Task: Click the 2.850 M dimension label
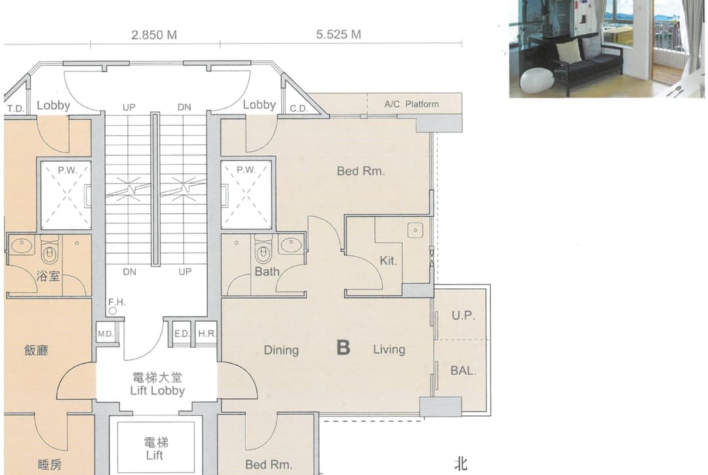coord(154,35)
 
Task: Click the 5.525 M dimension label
coord(339,34)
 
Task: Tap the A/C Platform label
coord(411,104)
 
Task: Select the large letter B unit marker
coord(343,348)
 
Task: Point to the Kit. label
coord(388,260)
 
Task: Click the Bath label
coord(267,271)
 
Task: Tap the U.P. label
coord(463,315)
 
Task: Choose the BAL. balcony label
coord(463,371)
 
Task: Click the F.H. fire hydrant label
coord(117,302)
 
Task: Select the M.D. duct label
coord(105,333)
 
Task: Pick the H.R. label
coord(206,333)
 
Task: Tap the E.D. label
coord(182,333)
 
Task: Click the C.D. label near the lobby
coord(298,109)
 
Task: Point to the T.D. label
coord(15,109)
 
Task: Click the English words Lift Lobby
coord(157,390)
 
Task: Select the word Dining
coord(281,350)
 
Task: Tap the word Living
coord(389,349)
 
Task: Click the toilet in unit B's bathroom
coord(264,251)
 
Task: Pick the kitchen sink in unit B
coord(415,230)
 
